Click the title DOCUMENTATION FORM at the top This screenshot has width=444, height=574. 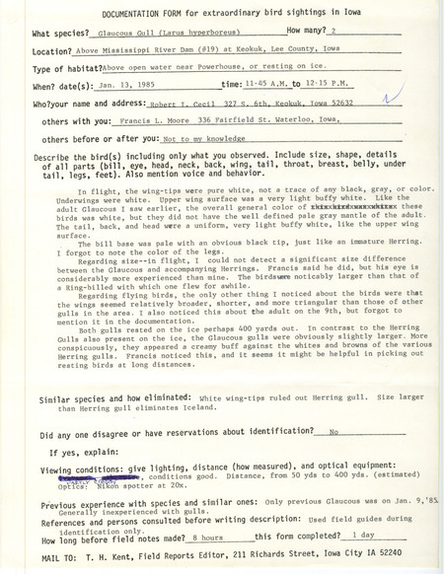coord(131,13)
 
